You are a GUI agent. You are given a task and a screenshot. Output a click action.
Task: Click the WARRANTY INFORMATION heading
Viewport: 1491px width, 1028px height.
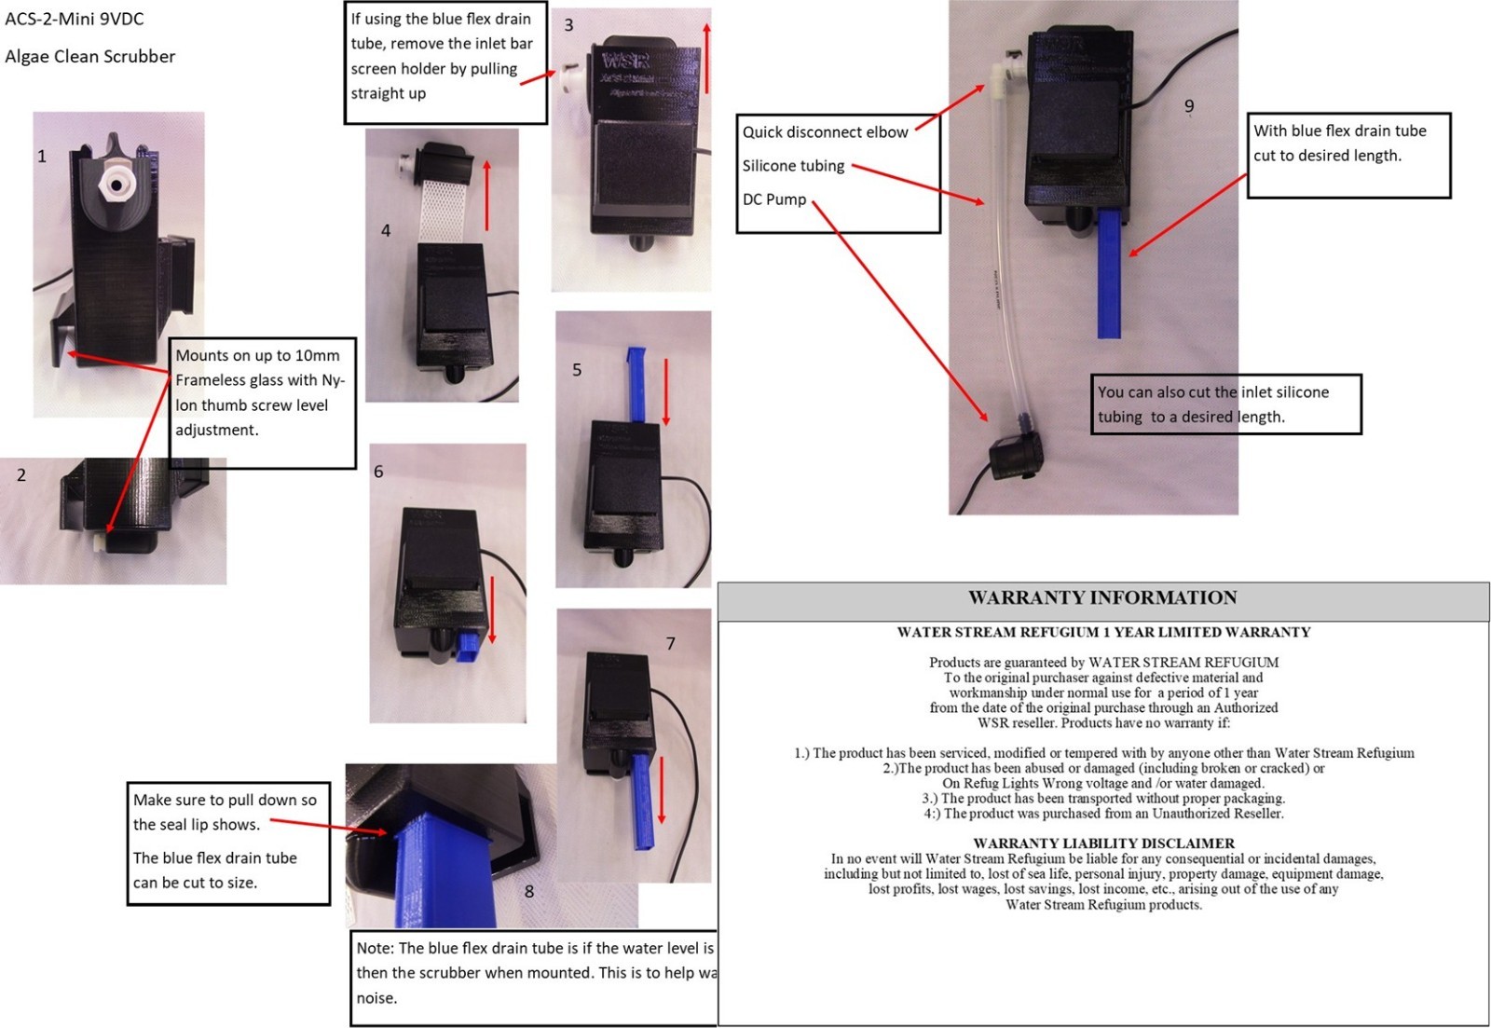click(1102, 598)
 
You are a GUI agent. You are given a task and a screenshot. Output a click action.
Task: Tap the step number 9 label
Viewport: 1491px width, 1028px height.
click(1189, 106)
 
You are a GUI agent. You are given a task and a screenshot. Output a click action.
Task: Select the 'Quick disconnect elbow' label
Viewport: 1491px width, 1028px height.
click(825, 132)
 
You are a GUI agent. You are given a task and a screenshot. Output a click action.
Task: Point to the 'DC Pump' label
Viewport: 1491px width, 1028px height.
click(773, 199)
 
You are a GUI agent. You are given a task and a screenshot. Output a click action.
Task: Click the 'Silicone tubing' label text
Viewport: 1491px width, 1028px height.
click(793, 166)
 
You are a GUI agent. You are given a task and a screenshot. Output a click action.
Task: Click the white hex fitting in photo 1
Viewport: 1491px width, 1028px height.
click(115, 184)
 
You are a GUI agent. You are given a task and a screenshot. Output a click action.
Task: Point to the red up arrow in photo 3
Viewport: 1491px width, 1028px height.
click(706, 58)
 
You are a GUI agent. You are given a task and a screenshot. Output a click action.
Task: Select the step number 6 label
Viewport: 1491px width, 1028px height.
click(378, 472)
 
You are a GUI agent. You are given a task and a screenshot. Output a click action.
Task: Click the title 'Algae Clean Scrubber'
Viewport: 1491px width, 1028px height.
click(90, 57)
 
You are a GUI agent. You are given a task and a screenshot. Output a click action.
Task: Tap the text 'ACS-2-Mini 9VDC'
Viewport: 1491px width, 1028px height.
click(75, 19)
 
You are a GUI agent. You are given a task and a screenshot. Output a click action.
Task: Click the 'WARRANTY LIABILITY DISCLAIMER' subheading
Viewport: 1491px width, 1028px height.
click(1103, 843)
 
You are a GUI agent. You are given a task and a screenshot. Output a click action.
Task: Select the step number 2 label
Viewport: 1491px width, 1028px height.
click(21, 475)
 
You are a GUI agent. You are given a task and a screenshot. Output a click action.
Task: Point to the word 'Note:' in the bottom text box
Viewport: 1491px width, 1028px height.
click(376, 949)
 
